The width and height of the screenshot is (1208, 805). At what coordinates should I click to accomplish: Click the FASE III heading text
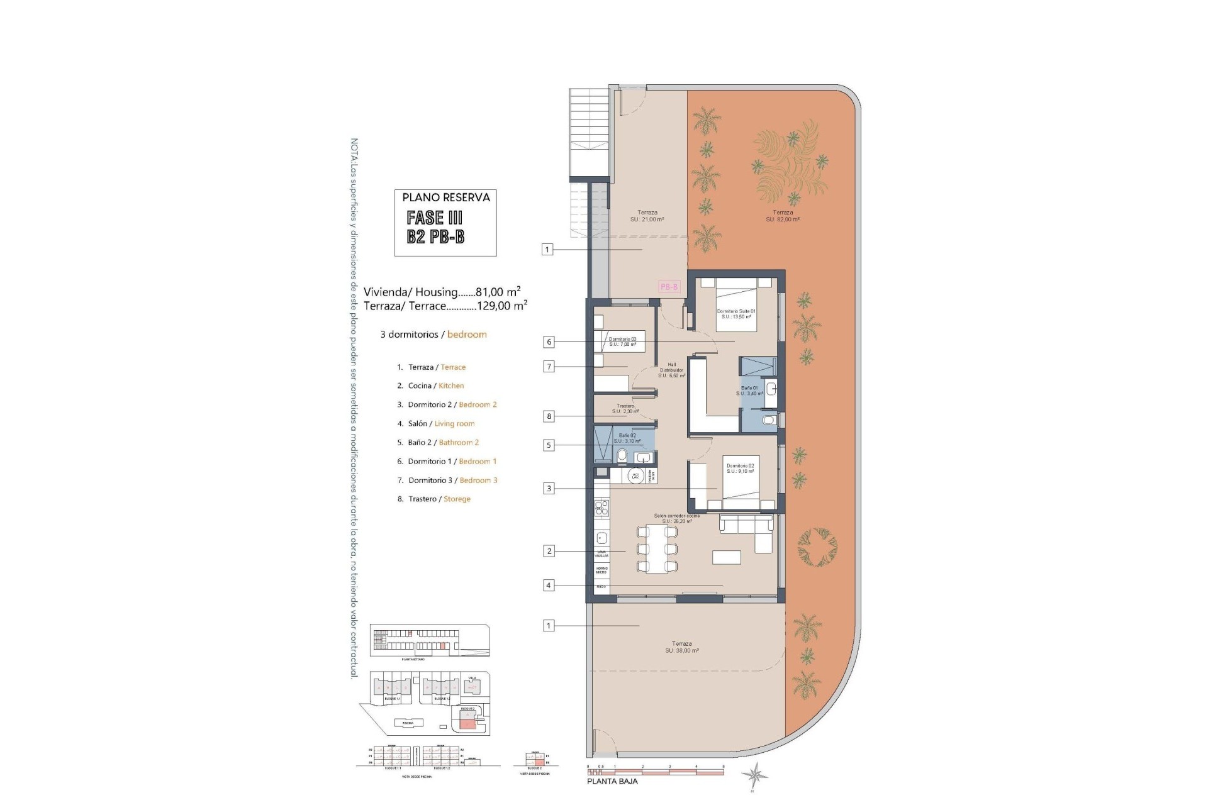(435, 218)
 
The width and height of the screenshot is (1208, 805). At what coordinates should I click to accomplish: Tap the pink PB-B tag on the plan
(669, 287)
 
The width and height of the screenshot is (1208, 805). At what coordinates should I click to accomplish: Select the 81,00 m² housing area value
(498, 292)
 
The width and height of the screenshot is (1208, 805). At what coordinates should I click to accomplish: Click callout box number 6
(549, 342)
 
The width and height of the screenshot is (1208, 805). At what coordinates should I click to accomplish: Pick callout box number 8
(549, 416)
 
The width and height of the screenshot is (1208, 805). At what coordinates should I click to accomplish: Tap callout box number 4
(549, 586)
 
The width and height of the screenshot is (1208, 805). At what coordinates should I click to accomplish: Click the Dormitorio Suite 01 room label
(735, 314)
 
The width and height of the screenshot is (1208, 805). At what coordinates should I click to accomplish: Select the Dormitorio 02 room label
(740, 469)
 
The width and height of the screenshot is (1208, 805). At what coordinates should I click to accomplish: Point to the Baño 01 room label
(749, 391)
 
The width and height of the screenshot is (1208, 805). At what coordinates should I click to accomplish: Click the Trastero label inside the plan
(625, 409)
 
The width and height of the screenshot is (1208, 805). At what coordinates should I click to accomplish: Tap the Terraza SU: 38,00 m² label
(681, 647)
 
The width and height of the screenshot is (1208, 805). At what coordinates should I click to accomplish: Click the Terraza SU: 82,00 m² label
(783, 216)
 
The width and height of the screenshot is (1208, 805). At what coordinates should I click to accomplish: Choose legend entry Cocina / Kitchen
(435, 386)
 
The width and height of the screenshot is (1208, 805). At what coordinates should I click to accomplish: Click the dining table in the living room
(657, 549)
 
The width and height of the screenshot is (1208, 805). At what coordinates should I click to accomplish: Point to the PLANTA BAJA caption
(612, 781)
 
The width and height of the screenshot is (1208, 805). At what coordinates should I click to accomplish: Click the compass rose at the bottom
(753, 775)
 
